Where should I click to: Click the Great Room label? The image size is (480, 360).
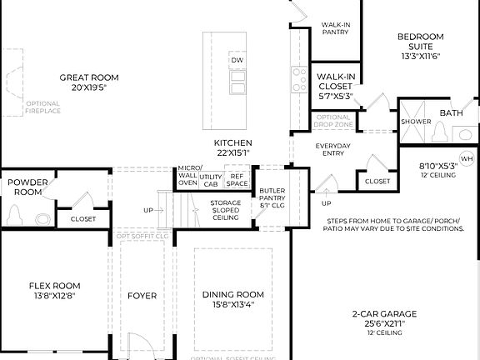point(82,77)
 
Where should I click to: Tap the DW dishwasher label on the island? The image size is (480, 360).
point(237,61)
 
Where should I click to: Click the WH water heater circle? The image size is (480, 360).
point(467,158)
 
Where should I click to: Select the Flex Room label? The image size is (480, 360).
point(54,286)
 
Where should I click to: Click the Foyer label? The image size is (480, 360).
point(142,295)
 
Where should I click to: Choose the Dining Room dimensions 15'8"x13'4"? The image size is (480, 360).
point(233,304)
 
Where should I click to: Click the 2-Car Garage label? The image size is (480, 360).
point(383,314)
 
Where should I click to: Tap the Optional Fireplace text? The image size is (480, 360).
point(42,107)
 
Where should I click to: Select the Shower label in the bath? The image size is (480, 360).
point(416,122)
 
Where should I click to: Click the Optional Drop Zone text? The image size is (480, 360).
point(332,121)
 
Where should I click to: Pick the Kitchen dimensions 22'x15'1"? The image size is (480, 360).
point(232,152)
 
